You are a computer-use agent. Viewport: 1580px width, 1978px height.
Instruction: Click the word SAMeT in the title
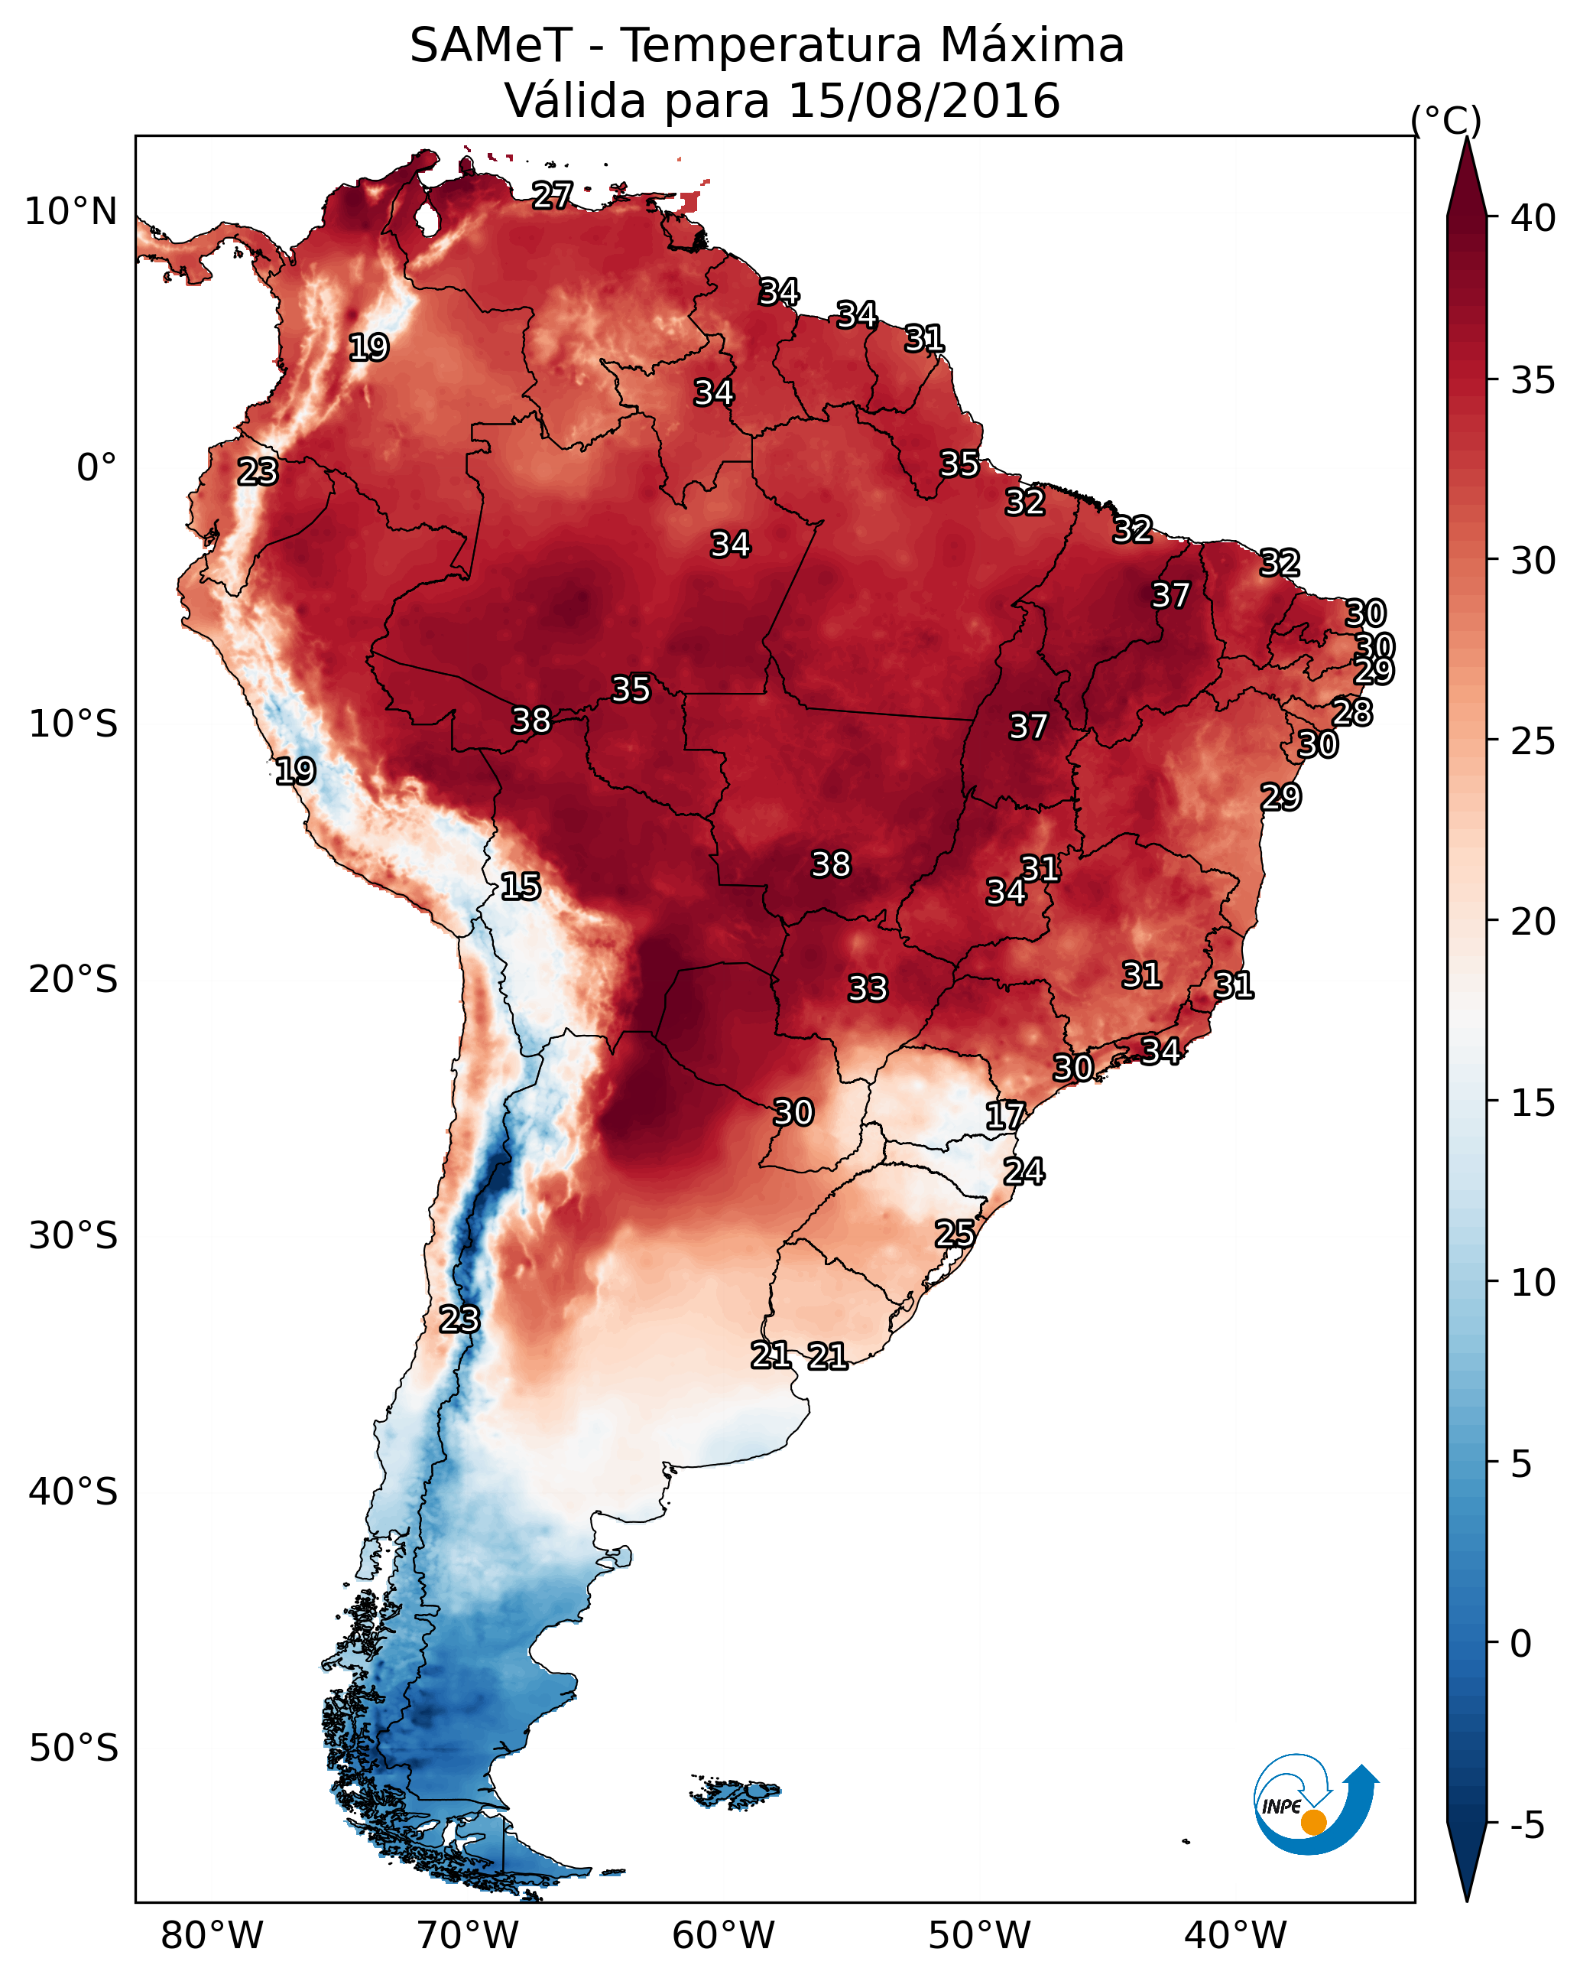(491, 46)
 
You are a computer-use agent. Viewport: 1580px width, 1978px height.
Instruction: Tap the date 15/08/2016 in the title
(923, 101)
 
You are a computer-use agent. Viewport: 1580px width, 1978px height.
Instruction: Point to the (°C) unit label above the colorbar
(1446, 120)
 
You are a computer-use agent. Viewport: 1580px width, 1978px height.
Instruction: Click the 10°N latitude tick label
(70, 212)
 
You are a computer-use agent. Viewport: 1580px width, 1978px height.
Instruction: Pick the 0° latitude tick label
(97, 468)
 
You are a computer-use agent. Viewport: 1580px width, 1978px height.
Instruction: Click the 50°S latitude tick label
(73, 1749)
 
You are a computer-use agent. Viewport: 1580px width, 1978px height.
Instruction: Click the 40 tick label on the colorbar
(1533, 218)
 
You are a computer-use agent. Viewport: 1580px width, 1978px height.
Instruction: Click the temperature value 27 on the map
(553, 195)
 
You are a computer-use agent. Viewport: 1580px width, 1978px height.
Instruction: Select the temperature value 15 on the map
(521, 887)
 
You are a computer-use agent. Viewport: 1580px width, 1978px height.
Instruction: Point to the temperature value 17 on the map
(1005, 1117)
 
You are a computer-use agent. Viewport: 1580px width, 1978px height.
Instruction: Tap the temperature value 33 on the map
(868, 989)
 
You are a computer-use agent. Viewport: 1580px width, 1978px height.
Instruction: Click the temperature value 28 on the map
(1352, 713)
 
